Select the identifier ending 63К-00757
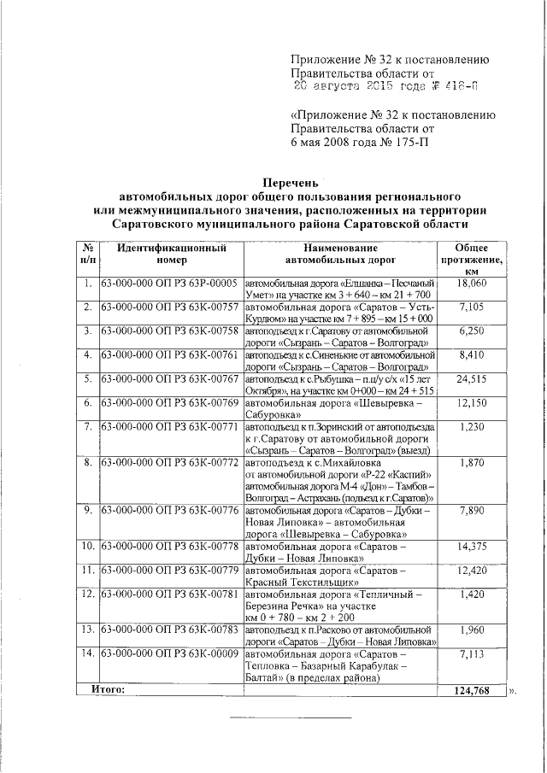point(169,307)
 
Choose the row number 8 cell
point(87,463)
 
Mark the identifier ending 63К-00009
point(169,654)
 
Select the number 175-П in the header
point(408,141)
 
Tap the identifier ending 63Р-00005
point(169,283)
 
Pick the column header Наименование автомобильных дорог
point(339,255)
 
